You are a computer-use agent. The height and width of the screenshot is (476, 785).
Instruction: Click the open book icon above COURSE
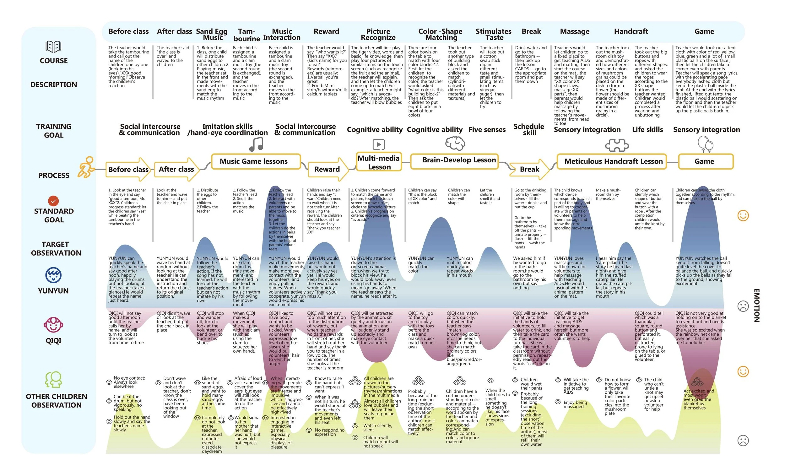pyautogui.click(x=53, y=46)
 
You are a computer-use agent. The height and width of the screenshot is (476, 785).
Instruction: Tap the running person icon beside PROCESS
pyautogui.click(x=86, y=167)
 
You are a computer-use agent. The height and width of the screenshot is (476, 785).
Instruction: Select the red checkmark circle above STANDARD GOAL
pyautogui.click(x=53, y=201)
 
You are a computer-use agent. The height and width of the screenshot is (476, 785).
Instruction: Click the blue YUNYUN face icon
pyautogui.click(x=53, y=275)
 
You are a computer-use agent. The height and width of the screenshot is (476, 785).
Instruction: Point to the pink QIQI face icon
pyautogui.click(x=53, y=325)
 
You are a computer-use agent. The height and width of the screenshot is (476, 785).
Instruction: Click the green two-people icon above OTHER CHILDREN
pyautogui.click(x=53, y=379)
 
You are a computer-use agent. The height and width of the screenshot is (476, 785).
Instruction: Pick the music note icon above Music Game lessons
pyautogui.click(x=256, y=144)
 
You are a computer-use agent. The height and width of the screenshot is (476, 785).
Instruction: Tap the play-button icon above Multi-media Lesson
pyautogui.click(x=378, y=145)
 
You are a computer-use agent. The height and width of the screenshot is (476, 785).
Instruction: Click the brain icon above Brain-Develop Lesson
pyautogui.click(x=455, y=143)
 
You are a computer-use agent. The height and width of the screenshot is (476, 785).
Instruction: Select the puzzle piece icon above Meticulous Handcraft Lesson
pyautogui.click(x=616, y=145)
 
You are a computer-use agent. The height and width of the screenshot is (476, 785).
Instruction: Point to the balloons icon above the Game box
pyautogui.click(x=705, y=144)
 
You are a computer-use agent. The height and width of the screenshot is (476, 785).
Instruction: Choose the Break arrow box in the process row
pyautogui.click(x=529, y=169)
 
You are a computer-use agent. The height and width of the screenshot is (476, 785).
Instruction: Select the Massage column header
pyautogui.click(x=574, y=31)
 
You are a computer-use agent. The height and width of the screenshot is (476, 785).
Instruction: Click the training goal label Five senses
pyautogui.click(x=487, y=130)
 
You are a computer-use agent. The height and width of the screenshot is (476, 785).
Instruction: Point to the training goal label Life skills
pyautogui.click(x=647, y=130)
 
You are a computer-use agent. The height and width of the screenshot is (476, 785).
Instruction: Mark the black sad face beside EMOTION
pyautogui.click(x=743, y=306)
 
